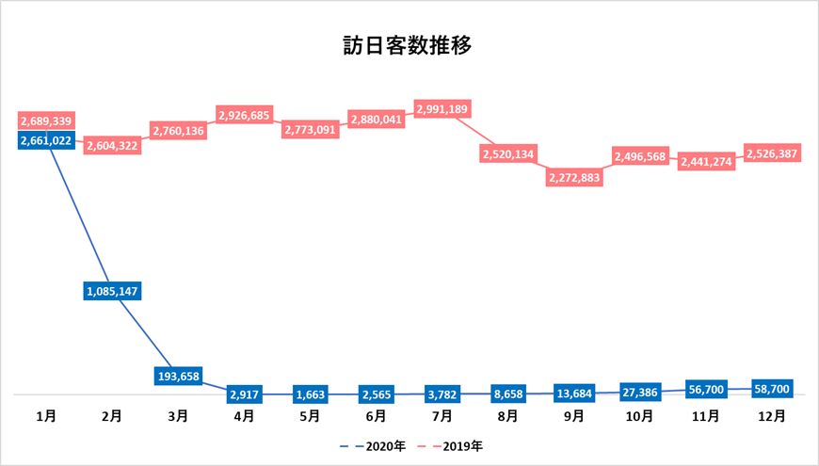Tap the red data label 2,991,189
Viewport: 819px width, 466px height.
click(x=442, y=108)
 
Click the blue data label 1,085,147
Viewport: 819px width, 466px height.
click(x=112, y=291)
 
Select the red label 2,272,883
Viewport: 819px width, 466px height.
click(x=574, y=177)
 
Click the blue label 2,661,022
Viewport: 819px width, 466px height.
click(x=46, y=140)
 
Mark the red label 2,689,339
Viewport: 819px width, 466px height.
click(x=46, y=121)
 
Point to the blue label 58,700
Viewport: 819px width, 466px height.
click(x=772, y=387)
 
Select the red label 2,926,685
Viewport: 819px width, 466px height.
click(x=245, y=115)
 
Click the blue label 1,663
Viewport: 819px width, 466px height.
click(x=311, y=394)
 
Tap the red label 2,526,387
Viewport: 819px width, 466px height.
click(x=772, y=152)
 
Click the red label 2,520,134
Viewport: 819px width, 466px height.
click(x=508, y=153)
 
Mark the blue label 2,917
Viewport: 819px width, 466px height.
click(x=245, y=394)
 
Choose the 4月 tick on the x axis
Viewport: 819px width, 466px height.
click(x=244, y=414)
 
